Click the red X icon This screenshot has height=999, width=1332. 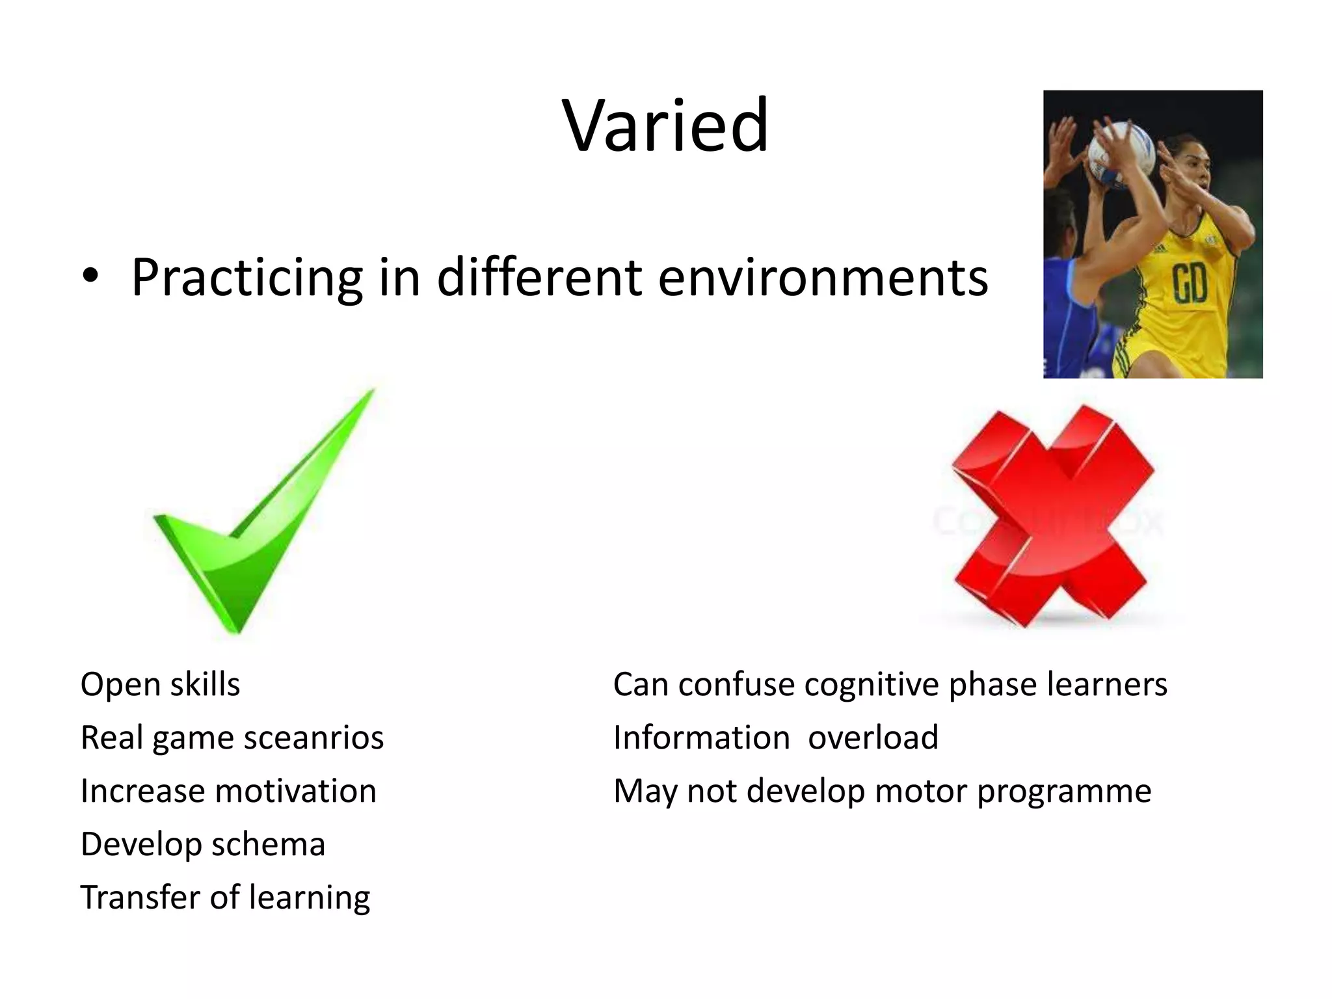click(1052, 517)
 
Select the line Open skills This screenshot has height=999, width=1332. click(160, 685)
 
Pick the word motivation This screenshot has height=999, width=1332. click(296, 792)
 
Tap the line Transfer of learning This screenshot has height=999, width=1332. click(225, 898)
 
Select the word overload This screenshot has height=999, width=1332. click(873, 738)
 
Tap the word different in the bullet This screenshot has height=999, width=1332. click(539, 278)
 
